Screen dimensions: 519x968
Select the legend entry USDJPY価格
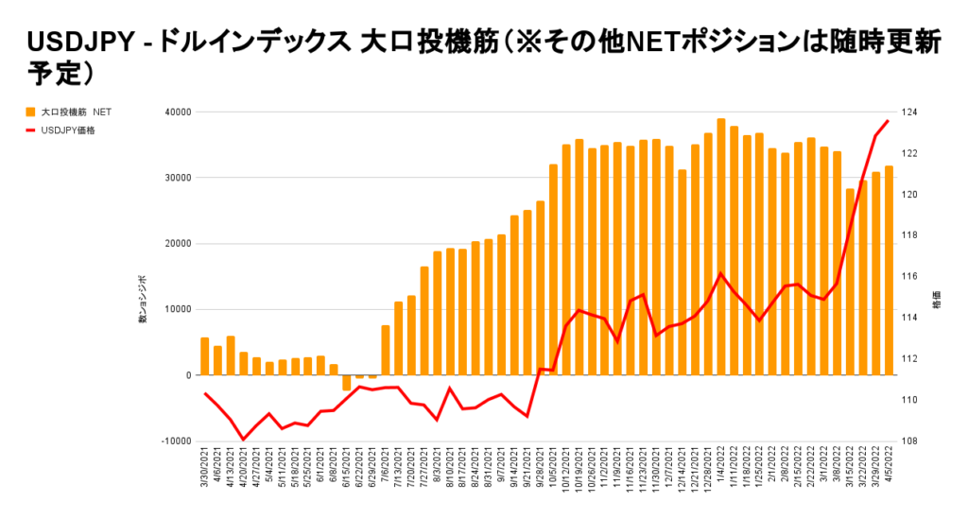(67, 130)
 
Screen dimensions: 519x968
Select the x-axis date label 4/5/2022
(889, 471)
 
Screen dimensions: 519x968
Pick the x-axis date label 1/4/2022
(721, 471)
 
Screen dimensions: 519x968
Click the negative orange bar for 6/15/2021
(347, 382)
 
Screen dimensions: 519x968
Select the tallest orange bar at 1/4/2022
(721, 246)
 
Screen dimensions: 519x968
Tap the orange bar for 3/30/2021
(205, 355)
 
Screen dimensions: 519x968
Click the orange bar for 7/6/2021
(386, 350)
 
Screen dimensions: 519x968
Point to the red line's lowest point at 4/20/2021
(244, 440)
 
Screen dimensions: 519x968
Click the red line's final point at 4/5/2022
(888, 121)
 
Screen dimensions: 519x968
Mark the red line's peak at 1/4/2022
(721, 274)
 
